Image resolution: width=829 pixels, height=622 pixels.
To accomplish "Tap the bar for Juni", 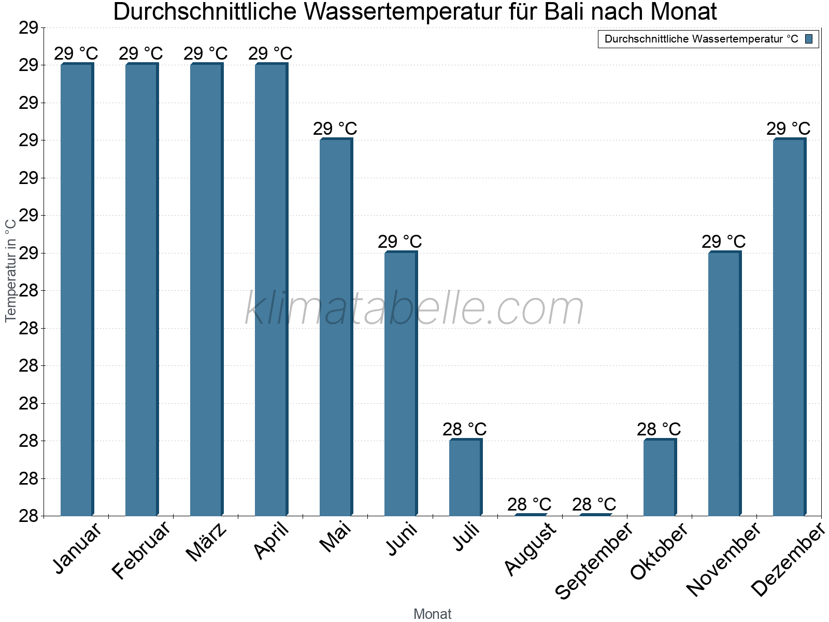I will click(401, 384).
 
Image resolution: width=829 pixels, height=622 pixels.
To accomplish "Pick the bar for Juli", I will click(465, 477).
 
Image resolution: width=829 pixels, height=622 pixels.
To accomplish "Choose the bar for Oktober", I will click(660, 477).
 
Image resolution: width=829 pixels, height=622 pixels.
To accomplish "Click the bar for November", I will click(724, 384).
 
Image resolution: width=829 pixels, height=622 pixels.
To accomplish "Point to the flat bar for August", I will click(530, 514).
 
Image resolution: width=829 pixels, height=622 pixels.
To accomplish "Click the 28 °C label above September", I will click(594, 504).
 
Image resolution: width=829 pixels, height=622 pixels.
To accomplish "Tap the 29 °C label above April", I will click(270, 53).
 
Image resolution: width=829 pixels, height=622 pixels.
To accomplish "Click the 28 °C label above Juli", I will click(464, 429).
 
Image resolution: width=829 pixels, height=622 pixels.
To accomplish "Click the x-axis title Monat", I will click(432, 614).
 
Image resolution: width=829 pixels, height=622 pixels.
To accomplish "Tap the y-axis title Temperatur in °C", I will click(11, 270).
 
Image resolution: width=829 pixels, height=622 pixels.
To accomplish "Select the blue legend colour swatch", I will click(809, 39).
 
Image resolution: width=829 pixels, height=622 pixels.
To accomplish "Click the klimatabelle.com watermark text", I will click(414, 309).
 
